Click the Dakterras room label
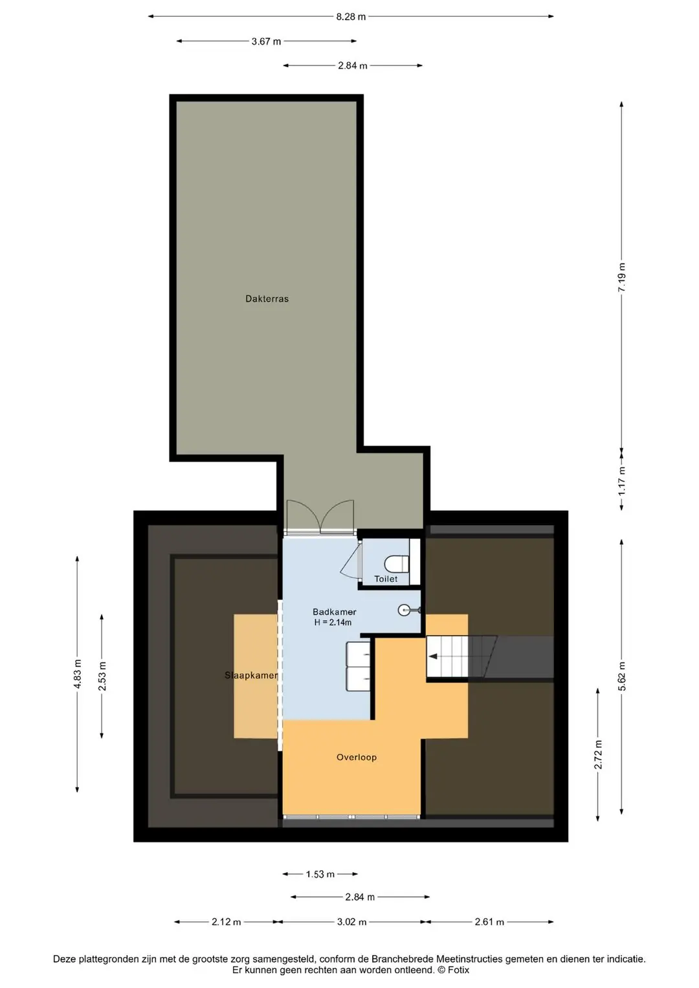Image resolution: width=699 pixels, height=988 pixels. click(x=267, y=298)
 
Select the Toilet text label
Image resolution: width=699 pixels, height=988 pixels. click(x=386, y=579)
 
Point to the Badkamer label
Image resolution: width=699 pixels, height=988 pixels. click(x=334, y=612)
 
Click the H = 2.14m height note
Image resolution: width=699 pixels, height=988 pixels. click(x=333, y=622)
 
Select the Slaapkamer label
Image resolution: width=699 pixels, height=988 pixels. click(x=251, y=675)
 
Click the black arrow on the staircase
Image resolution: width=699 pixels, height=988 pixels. click(x=433, y=657)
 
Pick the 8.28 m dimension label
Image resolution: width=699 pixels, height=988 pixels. click(x=351, y=17)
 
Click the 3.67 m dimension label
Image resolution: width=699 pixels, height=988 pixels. click(x=267, y=41)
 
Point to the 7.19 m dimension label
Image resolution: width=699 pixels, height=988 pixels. click(x=622, y=277)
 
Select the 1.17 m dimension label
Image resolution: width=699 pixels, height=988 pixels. click(x=622, y=480)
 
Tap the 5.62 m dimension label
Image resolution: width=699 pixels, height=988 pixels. click(x=622, y=676)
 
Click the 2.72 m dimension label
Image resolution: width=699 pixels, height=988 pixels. click(x=598, y=755)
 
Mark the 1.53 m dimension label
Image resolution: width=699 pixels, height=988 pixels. click(x=320, y=874)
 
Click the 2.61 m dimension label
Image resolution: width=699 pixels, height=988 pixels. click(x=489, y=922)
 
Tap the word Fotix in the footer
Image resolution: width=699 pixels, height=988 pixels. click(x=459, y=970)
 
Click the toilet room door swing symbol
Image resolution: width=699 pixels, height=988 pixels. click(x=351, y=559)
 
